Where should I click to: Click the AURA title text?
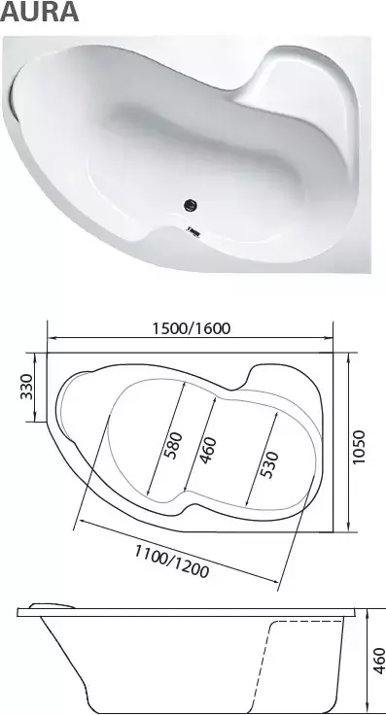point(40,12)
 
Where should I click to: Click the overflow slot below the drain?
point(193,231)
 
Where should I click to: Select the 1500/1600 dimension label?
point(192,327)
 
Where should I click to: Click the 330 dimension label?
point(26,387)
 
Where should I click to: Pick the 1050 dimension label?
point(359,447)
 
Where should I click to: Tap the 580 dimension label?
point(174,446)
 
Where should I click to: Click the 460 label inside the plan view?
point(208,450)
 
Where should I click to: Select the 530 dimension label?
point(269,464)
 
